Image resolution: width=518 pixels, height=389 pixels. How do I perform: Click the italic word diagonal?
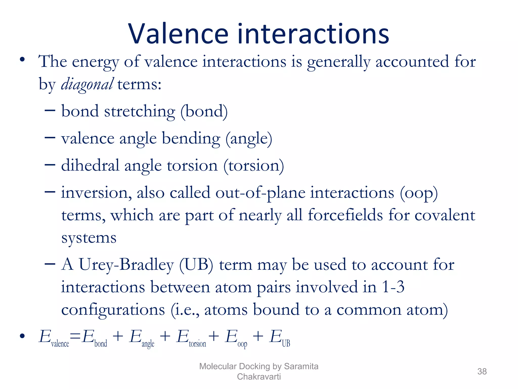tap(87, 84)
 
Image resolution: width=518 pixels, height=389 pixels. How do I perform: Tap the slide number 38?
tap(482, 372)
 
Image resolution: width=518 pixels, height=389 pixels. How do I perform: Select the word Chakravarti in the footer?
tap(259, 377)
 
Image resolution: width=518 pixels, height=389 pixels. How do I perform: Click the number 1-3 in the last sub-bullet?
tap(393, 287)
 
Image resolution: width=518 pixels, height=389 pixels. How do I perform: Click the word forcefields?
tap(345, 215)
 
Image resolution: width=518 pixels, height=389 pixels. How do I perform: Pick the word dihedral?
tap(90, 166)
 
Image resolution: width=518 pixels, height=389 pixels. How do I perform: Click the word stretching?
tap(139, 111)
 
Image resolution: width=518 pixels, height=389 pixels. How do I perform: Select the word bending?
tap(191, 139)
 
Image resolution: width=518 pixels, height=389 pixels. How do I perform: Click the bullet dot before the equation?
tap(23, 336)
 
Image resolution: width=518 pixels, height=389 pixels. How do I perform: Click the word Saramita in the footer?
tap(301, 366)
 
